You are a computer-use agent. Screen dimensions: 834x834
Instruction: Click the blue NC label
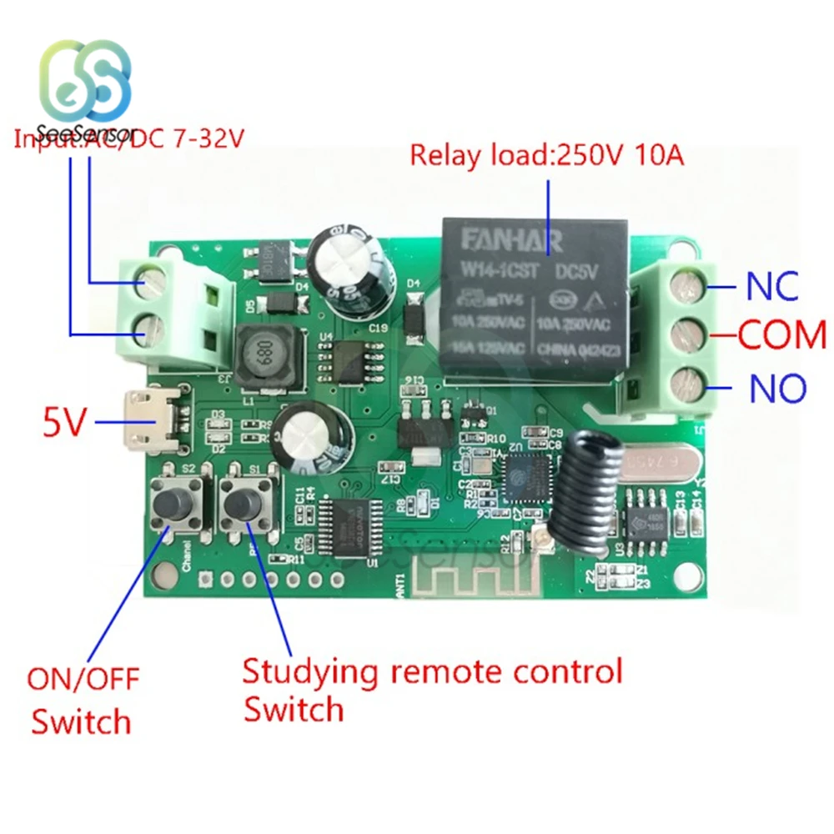pos(772,285)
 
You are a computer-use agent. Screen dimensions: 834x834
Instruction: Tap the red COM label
pos(782,335)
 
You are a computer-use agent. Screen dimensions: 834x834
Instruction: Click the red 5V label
pos(64,424)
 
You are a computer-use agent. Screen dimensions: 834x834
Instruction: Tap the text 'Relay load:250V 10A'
pos(547,154)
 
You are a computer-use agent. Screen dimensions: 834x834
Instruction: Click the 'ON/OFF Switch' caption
pos(82,699)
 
